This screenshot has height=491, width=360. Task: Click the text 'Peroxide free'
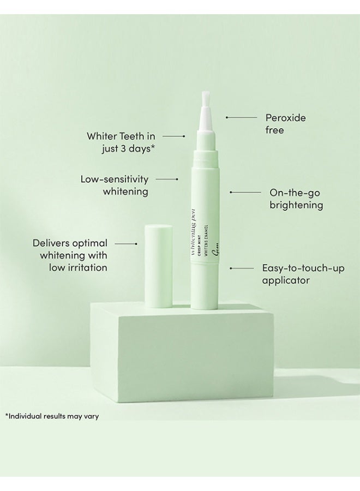pyautogui.click(x=285, y=124)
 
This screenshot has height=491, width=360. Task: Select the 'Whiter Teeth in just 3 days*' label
pyautogui.click(x=121, y=142)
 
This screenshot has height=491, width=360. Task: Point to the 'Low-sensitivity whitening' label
pyautogui.click(x=115, y=185)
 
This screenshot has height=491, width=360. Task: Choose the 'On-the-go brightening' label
pyautogui.click(x=296, y=199)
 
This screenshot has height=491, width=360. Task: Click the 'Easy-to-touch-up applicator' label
pyautogui.click(x=303, y=274)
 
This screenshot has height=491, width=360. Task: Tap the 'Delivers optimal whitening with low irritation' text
pyautogui.click(x=70, y=255)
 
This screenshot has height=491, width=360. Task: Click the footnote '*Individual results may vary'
pyautogui.click(x=52, y=416)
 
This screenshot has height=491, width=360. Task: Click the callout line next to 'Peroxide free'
pyautogui.click(x=242, y=117)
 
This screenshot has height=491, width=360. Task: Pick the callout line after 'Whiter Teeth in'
pyautogui.click(x=174, y=136)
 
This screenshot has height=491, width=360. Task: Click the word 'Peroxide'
pyautogui.click(x=285, y=117)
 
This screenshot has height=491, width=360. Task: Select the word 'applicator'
pyautogui.click(x=286, y=280)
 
